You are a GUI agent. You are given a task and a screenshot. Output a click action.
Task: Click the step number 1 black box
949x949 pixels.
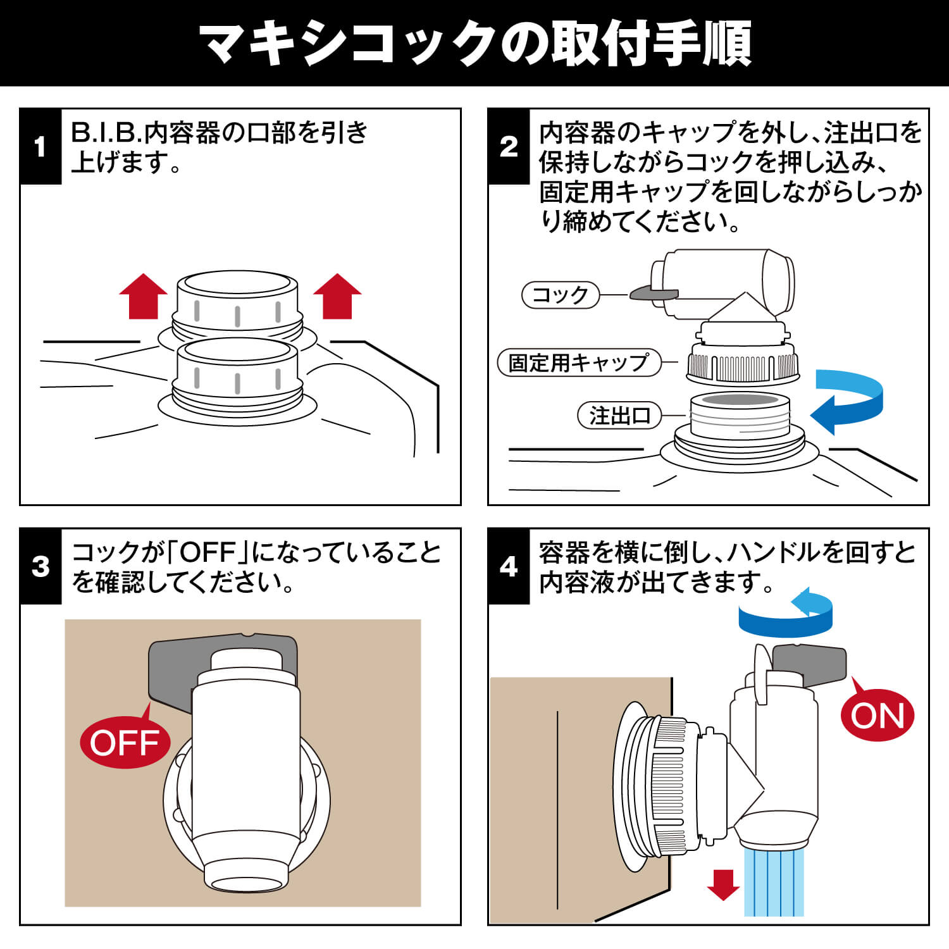[40, 147]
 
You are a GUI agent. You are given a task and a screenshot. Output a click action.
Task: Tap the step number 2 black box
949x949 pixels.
[509, 147]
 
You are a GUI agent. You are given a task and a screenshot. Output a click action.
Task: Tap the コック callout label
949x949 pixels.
[560, 295]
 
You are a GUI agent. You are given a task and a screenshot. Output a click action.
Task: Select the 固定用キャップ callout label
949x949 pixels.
[579, 363]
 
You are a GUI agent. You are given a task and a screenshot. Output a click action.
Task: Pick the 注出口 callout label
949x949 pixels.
[619, 416]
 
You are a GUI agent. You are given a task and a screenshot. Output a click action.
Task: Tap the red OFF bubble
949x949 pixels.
[125, 742]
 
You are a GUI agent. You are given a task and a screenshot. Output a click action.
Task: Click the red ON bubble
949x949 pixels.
[877, 716]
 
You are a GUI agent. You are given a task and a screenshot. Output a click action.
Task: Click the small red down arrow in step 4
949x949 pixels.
[723, 884]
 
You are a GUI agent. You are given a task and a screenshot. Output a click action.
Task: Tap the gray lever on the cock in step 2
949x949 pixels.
[654, 294]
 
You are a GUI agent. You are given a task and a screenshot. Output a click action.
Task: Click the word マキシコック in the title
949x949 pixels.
[348, 43]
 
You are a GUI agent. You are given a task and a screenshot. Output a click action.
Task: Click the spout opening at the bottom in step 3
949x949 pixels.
[247, 884]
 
